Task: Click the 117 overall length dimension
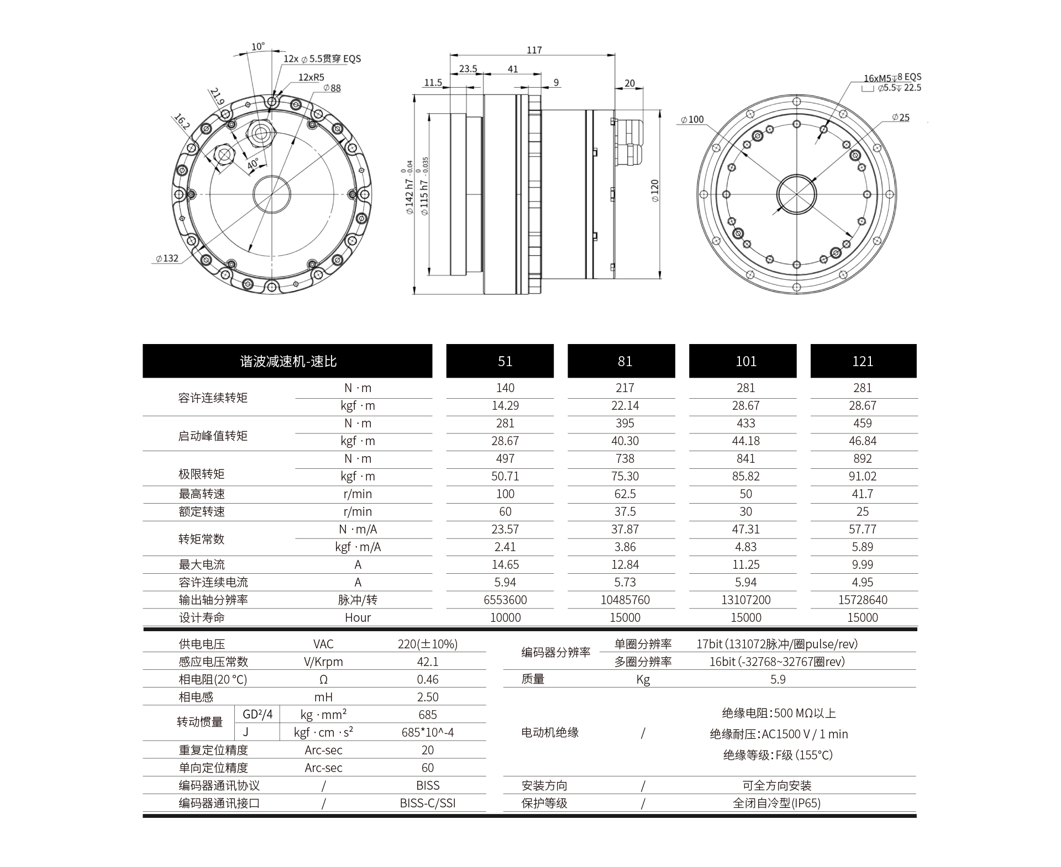[534, 50]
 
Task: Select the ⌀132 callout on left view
[167, 258]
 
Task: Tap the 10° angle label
[258, 46]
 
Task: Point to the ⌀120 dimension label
[655, 191]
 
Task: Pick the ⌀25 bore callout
[901, 118]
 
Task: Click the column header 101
[745, 361]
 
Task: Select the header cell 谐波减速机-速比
[287, 361]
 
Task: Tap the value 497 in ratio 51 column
[505, 458]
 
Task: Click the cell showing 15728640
[862, 600]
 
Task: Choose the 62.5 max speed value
[624, 494]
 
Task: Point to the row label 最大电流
[202, 564]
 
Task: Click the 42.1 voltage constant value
[427, 662]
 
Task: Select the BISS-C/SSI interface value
[427, 803]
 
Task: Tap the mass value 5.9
[778, 679]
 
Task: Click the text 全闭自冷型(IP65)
[776, 803]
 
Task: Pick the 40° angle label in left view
[253, 164]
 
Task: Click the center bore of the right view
[796, 194]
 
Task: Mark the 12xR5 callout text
[311, 77]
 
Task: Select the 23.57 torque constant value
[505, 529]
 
